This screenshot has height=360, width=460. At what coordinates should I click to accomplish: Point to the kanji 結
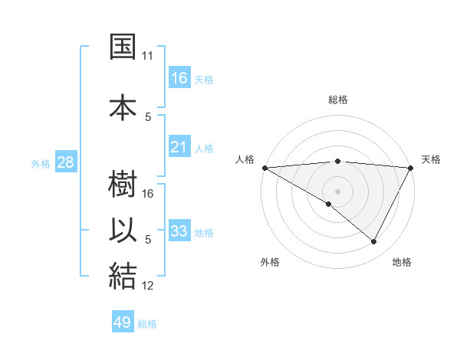pyautogui.click(x=123, y=277)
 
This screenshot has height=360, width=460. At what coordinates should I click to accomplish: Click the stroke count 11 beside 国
pyautogui.click(x=147, y=56)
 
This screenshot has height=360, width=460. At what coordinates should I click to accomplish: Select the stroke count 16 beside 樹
pyautogui.click(x=149, y=194)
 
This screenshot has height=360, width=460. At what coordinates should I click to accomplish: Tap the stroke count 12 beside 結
pyautogui.click(x=149, y=286)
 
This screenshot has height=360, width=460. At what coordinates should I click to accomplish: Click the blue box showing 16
pyautogui.click(x=179, y=77)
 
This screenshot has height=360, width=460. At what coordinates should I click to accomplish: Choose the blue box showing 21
pyautogui.click(x=179, y=146)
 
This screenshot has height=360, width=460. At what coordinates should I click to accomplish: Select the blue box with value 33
pyautogui.click(x=179, y=231)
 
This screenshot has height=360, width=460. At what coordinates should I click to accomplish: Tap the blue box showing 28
pyautogui.click(x=65, y=162)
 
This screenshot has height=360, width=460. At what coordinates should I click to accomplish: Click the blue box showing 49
pyautogui.click(x=123, y=322)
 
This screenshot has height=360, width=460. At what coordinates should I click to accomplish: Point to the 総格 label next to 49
pyautogui.click(x=148, y=324)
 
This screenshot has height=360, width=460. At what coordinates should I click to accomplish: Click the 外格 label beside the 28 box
pyautogui.click(x=41, y=163)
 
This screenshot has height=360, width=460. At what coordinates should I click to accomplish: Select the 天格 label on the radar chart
pyautogui.click(x=431, y=159)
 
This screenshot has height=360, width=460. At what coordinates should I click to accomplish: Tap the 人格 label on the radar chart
pyautogui.click(x=245, y=159)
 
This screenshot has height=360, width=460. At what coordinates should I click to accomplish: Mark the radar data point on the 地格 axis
pyautogui.click(x=374, y=242)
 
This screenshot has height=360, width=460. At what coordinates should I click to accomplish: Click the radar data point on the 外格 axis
pyautogui.click(x=329, y=204)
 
